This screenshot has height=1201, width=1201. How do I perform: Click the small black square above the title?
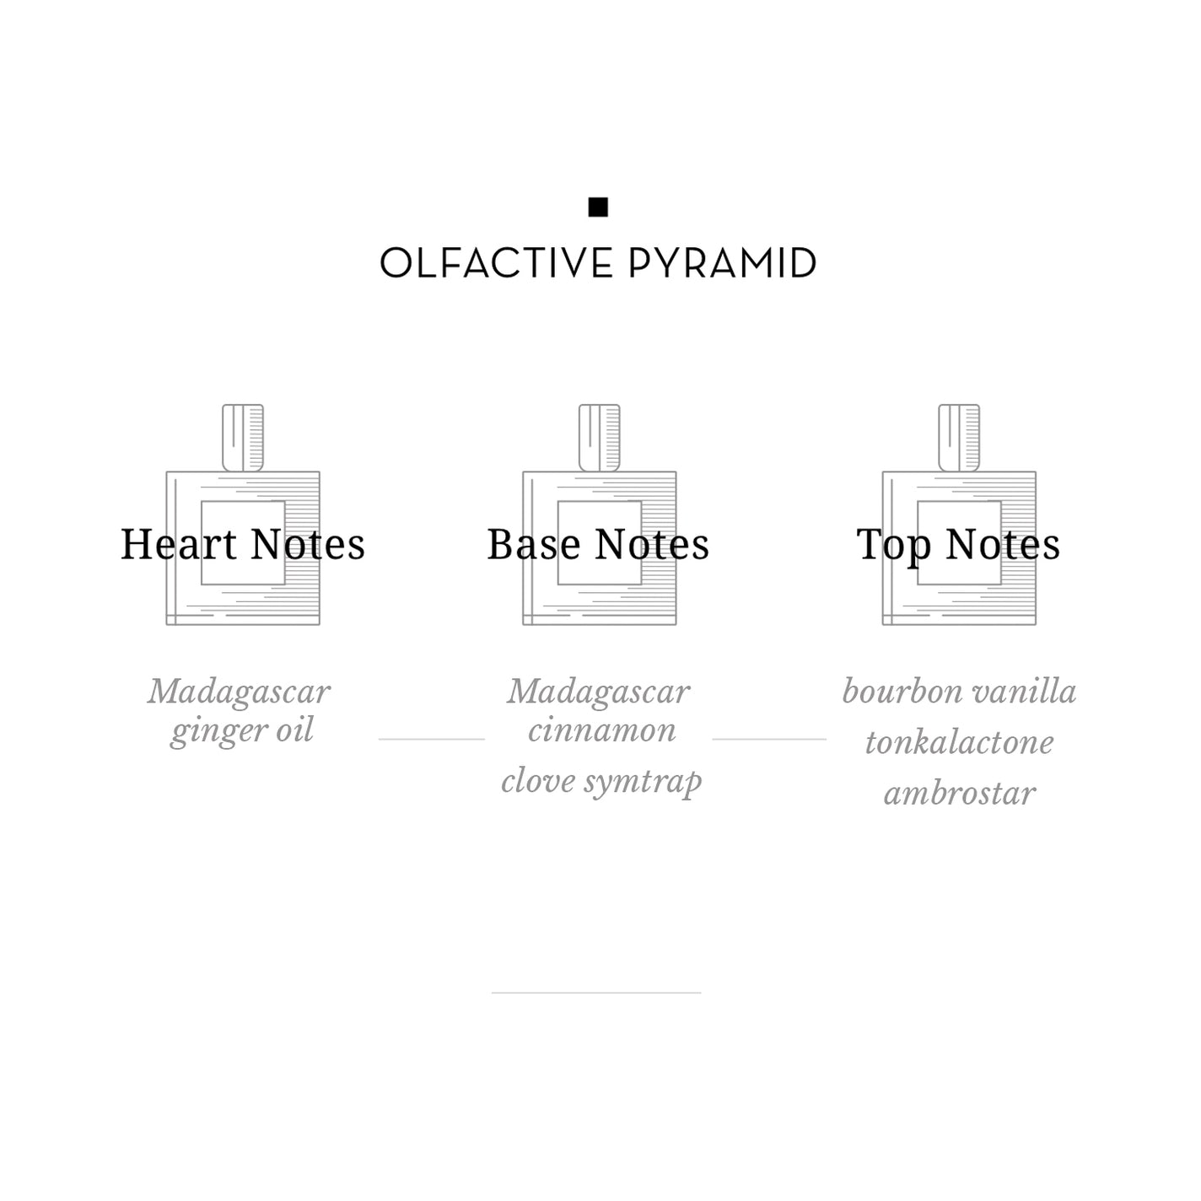598,207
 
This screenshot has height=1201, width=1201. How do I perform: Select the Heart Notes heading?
242,544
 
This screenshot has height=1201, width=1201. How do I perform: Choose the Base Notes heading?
598,544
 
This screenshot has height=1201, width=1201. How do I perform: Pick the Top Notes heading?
958,546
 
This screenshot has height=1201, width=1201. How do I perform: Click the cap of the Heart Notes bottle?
243,438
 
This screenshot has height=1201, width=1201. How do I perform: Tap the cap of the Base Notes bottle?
599,438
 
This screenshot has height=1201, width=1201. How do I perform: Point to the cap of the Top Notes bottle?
959,438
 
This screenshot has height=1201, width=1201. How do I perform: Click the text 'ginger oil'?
242,731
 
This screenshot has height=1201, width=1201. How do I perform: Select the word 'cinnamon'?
601,730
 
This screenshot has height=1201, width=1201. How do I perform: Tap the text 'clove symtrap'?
601,782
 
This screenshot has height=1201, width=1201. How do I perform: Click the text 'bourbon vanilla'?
959,692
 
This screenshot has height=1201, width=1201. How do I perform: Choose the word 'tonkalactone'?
959,742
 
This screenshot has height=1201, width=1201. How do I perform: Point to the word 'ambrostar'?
960,794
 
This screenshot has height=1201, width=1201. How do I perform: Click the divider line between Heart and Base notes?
431,739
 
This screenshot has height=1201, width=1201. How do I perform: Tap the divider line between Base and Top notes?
769,739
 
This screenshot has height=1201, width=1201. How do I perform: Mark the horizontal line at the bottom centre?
596,993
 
